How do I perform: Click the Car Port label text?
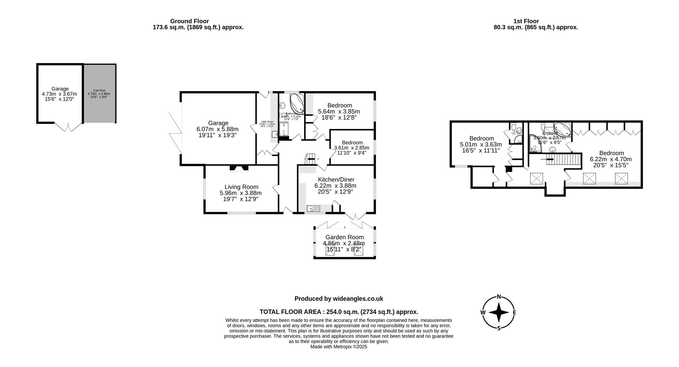(99, 90)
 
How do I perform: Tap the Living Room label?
(241, 187)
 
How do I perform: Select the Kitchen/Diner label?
(336, 180)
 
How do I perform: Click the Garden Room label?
(344, 237)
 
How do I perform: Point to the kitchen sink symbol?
(313, 209)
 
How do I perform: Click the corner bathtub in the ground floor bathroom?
(297, 102)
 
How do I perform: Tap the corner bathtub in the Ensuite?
(562, 129)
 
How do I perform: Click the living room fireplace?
(239, 168)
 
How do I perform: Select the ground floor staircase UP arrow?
(311, 159)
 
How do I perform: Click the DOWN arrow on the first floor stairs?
(550, 159)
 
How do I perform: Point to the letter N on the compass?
(499, 297)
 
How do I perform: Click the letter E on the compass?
(515, 312)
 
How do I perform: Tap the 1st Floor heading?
(526, 21)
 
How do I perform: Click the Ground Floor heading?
(190, 21)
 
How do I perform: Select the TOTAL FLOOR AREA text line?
(339, 312)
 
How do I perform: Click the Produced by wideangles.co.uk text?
(339, 299)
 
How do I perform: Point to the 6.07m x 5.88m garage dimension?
(217, 129)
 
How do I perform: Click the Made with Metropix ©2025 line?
(339, 347)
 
